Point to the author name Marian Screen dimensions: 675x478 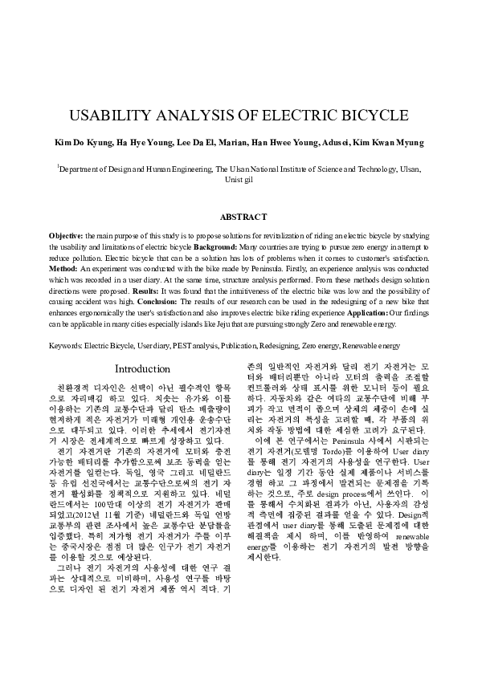point(235,143)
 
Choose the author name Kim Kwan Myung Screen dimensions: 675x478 point(389,143)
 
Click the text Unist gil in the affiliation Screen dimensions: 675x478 point(238,181)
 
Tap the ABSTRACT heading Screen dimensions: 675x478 point(239,218)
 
